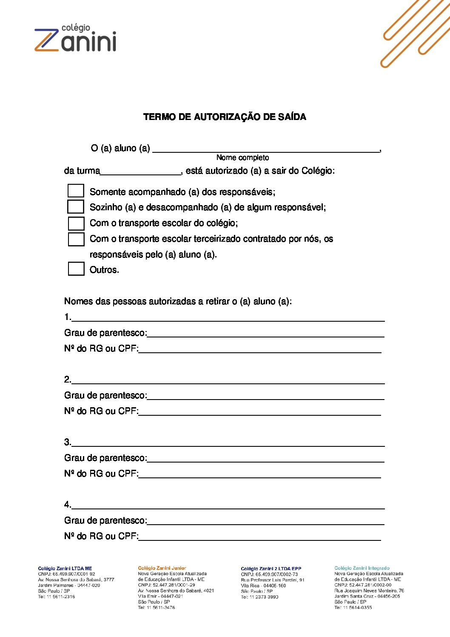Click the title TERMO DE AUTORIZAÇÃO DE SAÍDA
click(x=225, y=117)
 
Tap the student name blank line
click(x=266, y=149)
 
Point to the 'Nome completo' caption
click(x=242, y=158)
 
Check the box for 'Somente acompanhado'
click(x=76, y=191)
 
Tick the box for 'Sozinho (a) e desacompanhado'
click(x=76, y=206)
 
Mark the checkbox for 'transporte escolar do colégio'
click(x=76, y=223)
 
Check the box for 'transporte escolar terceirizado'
click(x=76, y=239)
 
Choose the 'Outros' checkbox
click(x=76, y=269)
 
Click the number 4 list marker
click(x=67, y=505)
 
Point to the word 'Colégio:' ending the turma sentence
click(x=318, y=171)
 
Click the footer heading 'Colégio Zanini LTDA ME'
click(x=65, y=568)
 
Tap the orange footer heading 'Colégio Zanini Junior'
click(x=162, y=568)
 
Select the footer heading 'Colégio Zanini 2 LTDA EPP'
click(x=271, y=568)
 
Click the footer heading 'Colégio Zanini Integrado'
click(x=362, y=568)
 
